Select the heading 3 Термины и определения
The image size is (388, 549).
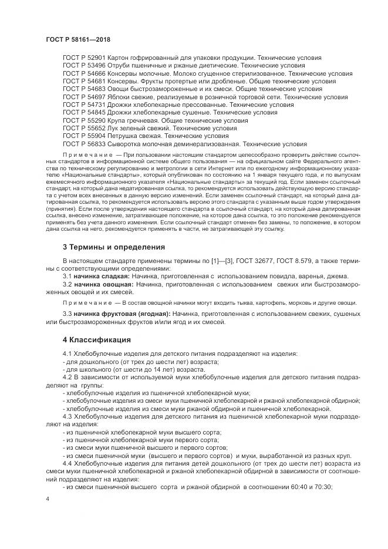(x=114, y=246)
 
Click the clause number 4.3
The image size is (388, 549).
(x=68, y=416)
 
